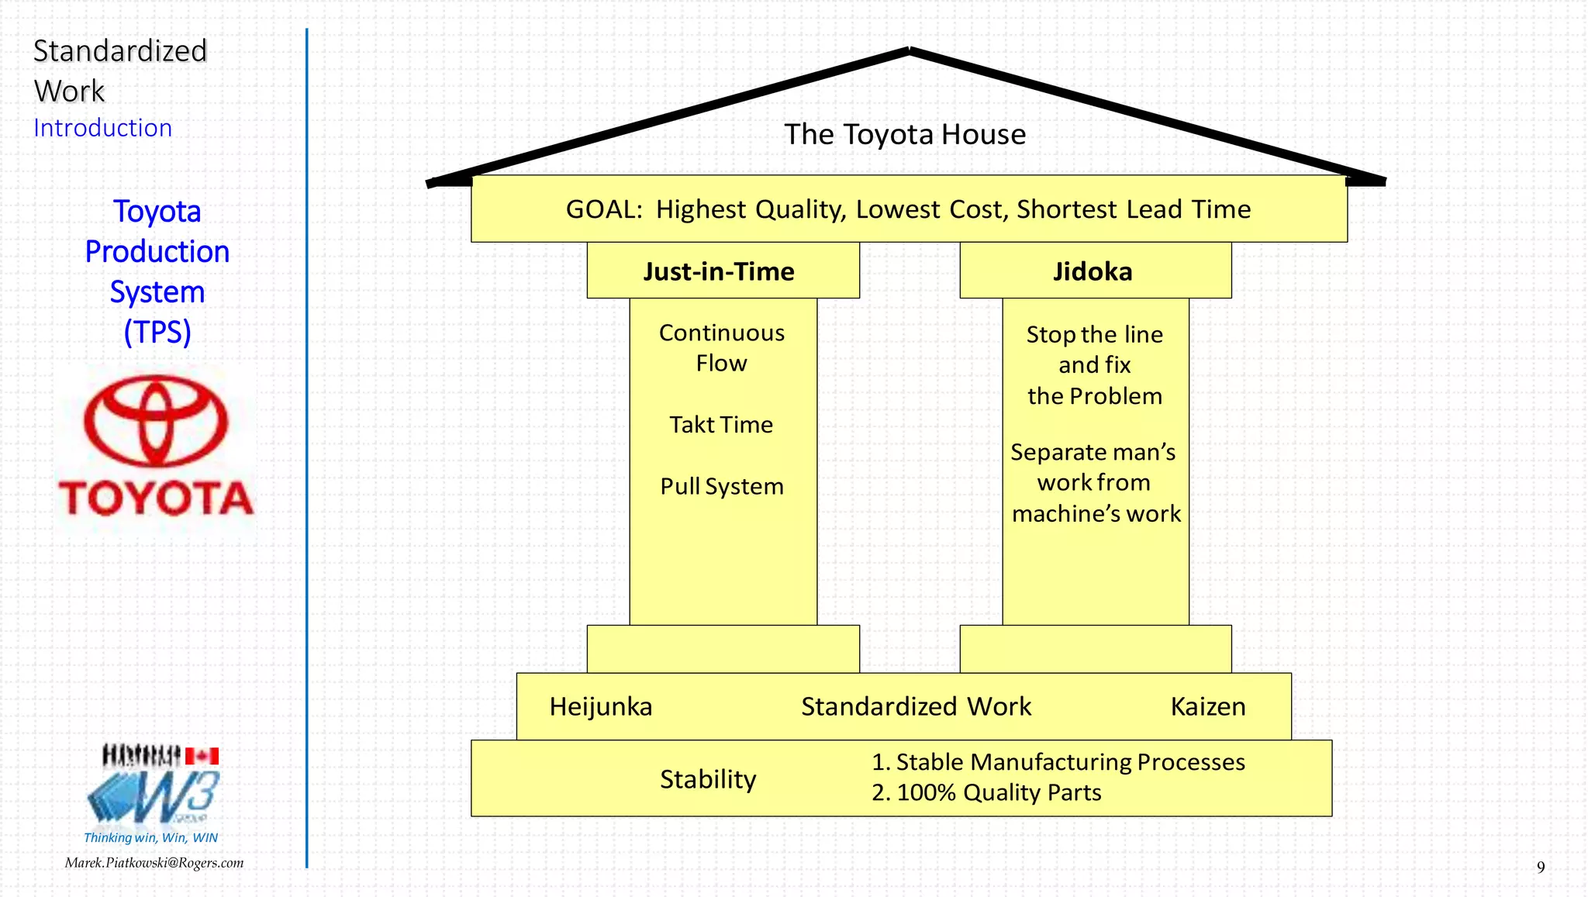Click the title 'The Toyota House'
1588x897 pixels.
[904, 135]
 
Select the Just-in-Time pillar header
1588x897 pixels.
[719, 271]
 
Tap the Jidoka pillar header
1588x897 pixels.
[1093, 271]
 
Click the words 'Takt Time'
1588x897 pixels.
[721, 425]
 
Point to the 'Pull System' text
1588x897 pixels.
[721, 487]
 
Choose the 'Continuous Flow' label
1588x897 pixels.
[721, 347]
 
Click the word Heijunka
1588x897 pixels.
[600, 707]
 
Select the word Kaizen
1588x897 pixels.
[1207, 707]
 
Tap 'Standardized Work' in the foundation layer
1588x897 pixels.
[916, 707]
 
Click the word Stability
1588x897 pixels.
[707, 779]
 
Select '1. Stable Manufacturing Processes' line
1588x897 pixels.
[1058, 762]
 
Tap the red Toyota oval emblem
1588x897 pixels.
[156, 421]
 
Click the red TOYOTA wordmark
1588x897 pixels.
[156, 498]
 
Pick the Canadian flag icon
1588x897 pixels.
[202, 756]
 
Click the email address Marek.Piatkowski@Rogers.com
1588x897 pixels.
[154, 863]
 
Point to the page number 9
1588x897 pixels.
[1540, 868]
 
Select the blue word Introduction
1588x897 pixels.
[102, 128]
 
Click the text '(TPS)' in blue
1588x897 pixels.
[157, 332]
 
